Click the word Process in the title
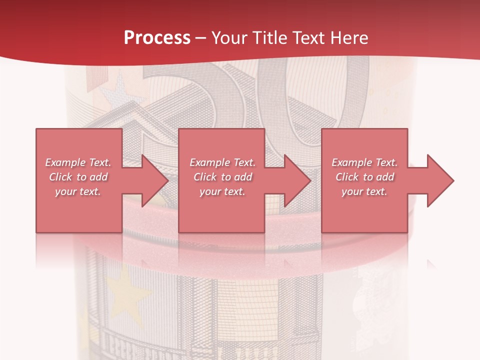[x=157, y=38]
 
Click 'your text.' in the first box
[x=78, y=191]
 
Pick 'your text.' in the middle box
[x=222, y=191]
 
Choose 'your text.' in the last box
[x=364, y=191]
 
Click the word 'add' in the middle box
[x=242, y=177]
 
